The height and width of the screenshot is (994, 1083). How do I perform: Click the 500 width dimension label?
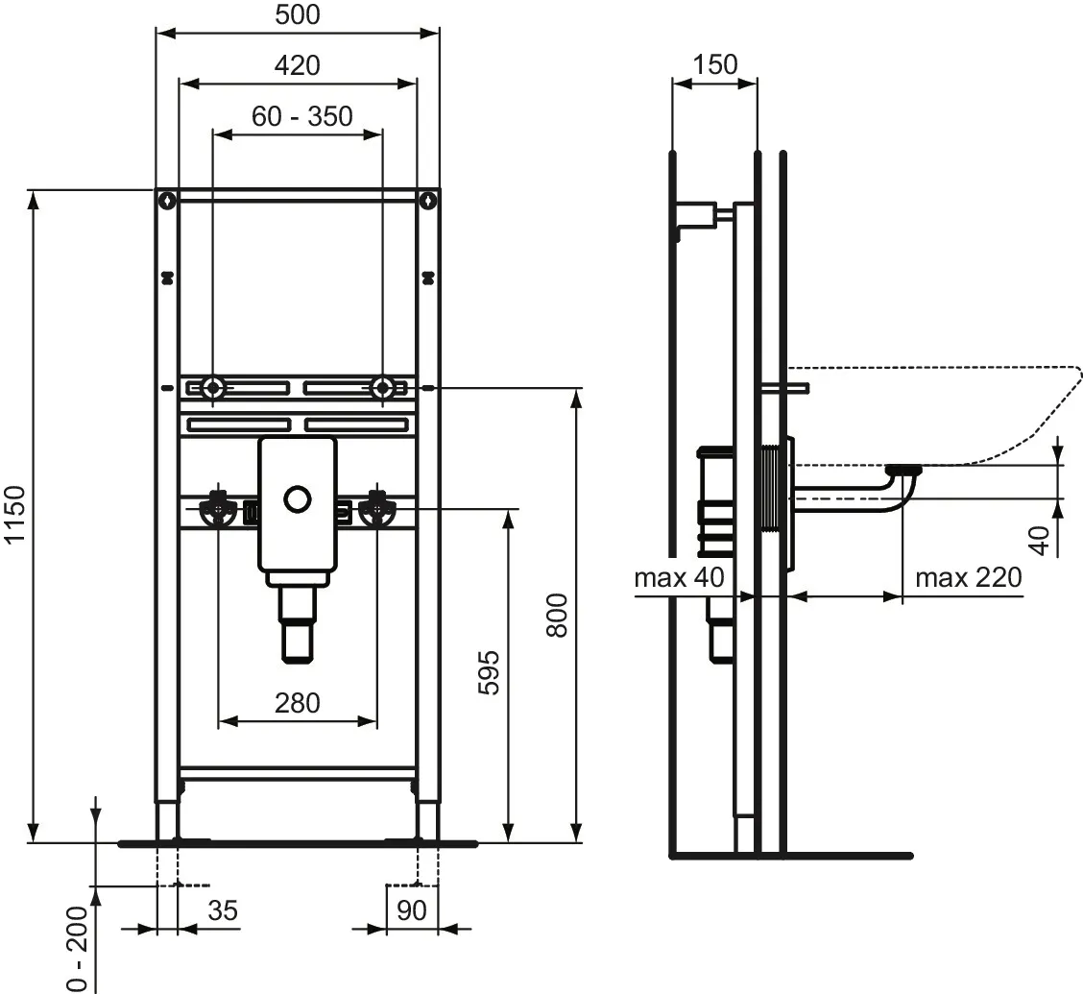tap(298, 15)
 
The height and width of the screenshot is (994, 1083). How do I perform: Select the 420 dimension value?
tap(298, 65)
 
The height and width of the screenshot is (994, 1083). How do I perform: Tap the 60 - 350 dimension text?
tap(302, 116)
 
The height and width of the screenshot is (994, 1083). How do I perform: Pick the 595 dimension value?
tap(490, 672)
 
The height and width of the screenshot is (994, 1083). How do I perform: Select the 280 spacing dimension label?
tap(298, 703)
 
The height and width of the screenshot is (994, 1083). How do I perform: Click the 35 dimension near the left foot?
tap(223, 909)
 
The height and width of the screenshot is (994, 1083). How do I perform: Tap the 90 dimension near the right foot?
tap(411, 909)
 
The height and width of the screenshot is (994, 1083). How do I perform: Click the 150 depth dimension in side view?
tap(715, 65)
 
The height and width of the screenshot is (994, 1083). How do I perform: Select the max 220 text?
tap(968, 577)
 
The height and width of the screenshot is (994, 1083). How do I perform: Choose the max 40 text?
tap(679, 577)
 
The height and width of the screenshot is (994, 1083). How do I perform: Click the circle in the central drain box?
tap(298, 499)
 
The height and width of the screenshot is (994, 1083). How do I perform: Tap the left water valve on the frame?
tap(219, 510)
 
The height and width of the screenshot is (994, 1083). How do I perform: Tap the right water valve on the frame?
tap(377, 510)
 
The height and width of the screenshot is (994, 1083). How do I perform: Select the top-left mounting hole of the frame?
tap(168, 201)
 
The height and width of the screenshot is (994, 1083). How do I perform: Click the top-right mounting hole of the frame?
tap(428, 201)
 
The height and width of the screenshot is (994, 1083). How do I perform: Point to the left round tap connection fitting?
tap(213, 389)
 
